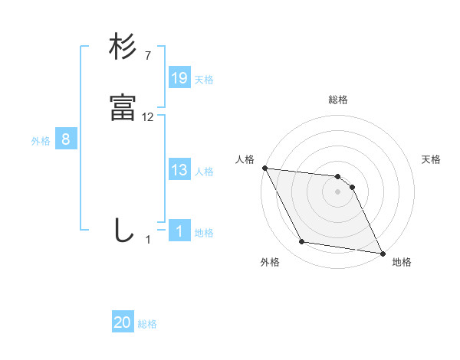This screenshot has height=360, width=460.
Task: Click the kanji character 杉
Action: click(x=123, y=47)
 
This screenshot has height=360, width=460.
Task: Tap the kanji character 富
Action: click(x=123, y=108)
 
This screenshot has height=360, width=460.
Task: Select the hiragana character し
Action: click(x=123, y=230)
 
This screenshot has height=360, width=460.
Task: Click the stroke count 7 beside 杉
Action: click(x=147, y=56)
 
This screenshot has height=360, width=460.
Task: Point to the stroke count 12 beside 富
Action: click(x=148, y=117)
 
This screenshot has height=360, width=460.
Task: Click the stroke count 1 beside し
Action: click(x=148, y=240)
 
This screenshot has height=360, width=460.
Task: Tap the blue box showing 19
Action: click(x=179, y=77)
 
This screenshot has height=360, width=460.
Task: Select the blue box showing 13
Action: click(x=179, y=170)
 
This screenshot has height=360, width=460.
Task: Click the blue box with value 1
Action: click(x=179, y=231)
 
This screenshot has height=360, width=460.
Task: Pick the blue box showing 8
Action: click(x=66, y=139)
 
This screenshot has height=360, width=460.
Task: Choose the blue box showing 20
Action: click(x=123, y=322)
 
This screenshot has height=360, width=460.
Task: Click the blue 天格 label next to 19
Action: click(x=204, y=79)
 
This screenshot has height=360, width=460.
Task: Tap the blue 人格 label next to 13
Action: click(x=204, y=172)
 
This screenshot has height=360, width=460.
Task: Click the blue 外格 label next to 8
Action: click(x=41, y=141)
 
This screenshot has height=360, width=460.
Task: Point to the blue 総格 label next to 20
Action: click(x=147, y=324)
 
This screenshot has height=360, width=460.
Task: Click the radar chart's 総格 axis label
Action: click(x=338, y=100)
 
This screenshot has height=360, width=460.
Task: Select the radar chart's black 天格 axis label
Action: click(x=431, y=159)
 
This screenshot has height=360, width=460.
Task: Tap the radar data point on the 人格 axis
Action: click(x=264, y=168)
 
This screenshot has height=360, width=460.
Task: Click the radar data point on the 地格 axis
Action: click(x=382, y=253)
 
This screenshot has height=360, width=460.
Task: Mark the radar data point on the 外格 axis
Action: click(x=302, y=242)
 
